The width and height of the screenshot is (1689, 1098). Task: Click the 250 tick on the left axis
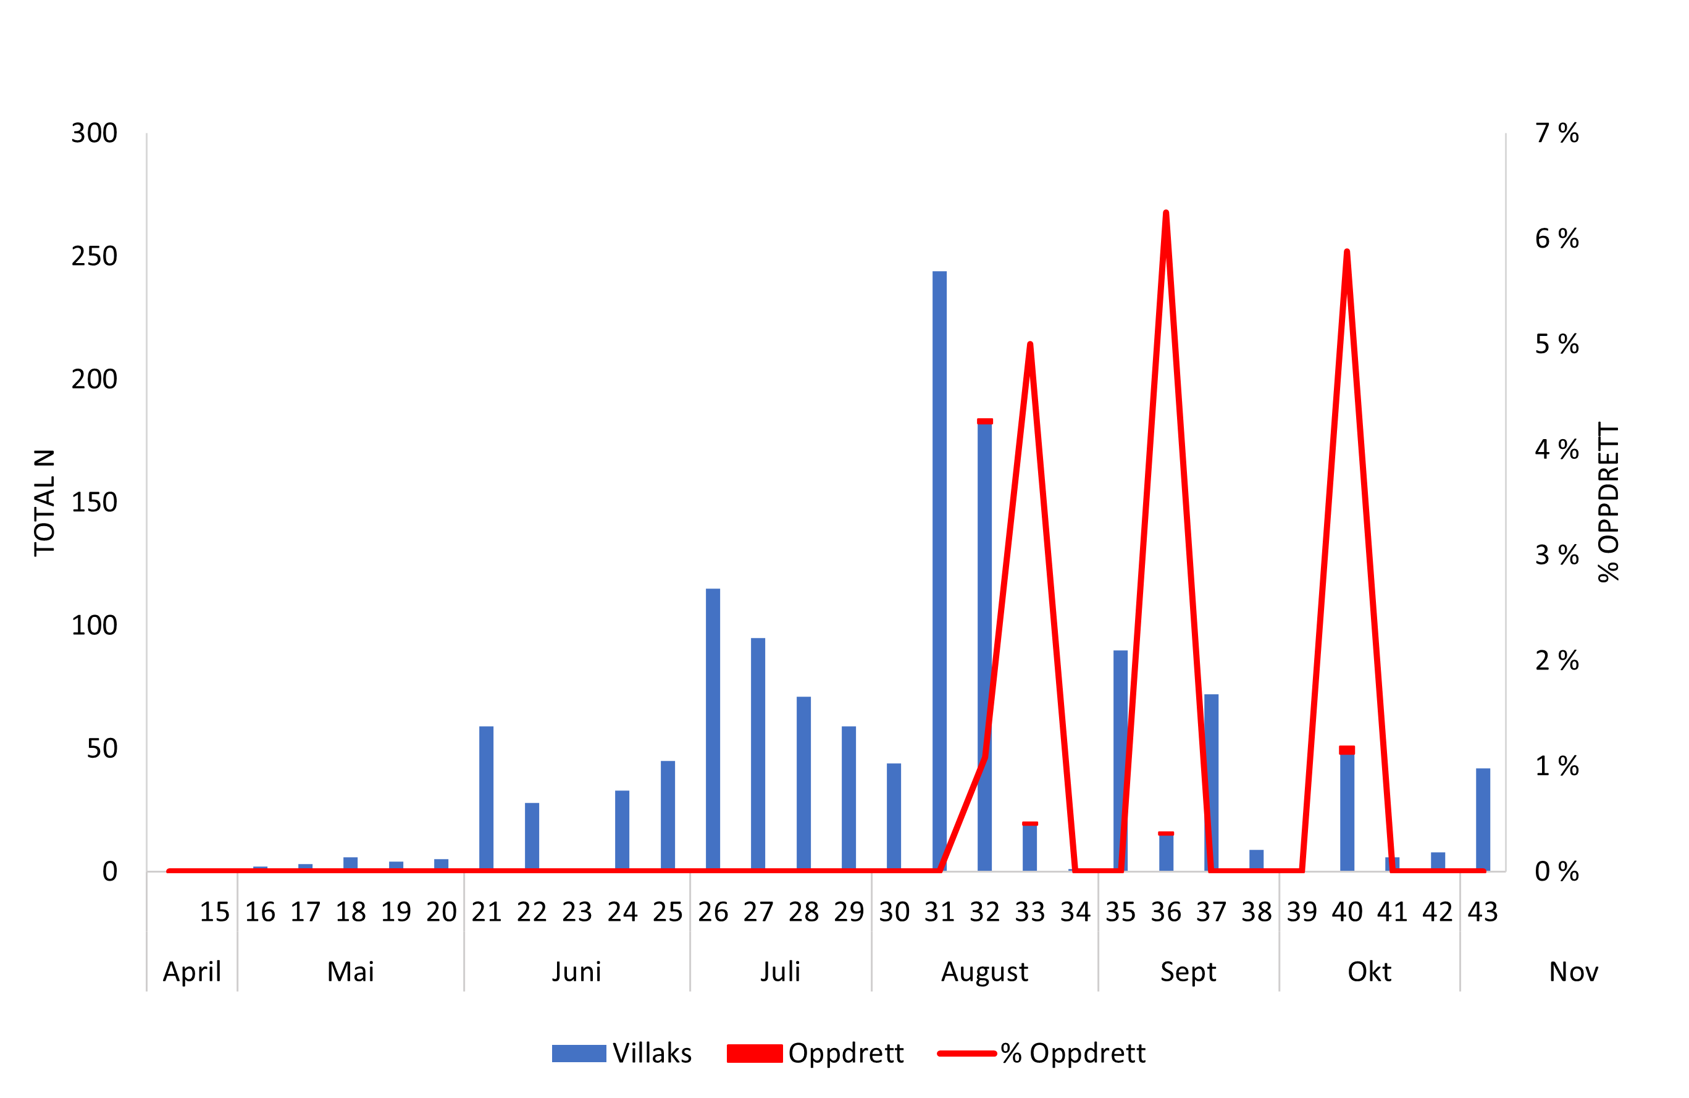tap(94, 256)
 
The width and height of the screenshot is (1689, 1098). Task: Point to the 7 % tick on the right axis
tap(1556, 133)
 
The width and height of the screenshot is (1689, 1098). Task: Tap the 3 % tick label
tap(1556, 555)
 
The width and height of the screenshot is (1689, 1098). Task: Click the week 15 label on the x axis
tap(214, 912)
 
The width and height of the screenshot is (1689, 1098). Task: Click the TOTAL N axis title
tap(44, 502)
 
